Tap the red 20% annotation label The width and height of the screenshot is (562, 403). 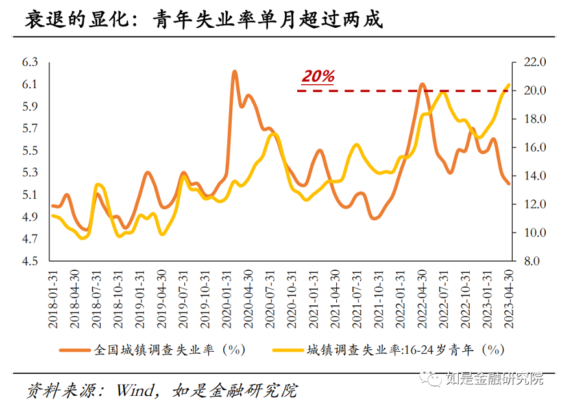click(x=318, y=76)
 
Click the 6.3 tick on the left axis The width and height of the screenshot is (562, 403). click(x=31, y=63)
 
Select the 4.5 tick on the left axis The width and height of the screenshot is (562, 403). click(x=31, y=261)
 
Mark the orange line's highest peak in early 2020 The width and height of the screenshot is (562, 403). click(x=234, y=71)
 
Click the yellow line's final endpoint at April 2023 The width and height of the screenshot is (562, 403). click(x=508, y=85)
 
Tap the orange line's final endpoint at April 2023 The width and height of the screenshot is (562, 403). click(x=508, y=183)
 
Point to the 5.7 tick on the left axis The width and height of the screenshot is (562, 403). click(x=31, y=129)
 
